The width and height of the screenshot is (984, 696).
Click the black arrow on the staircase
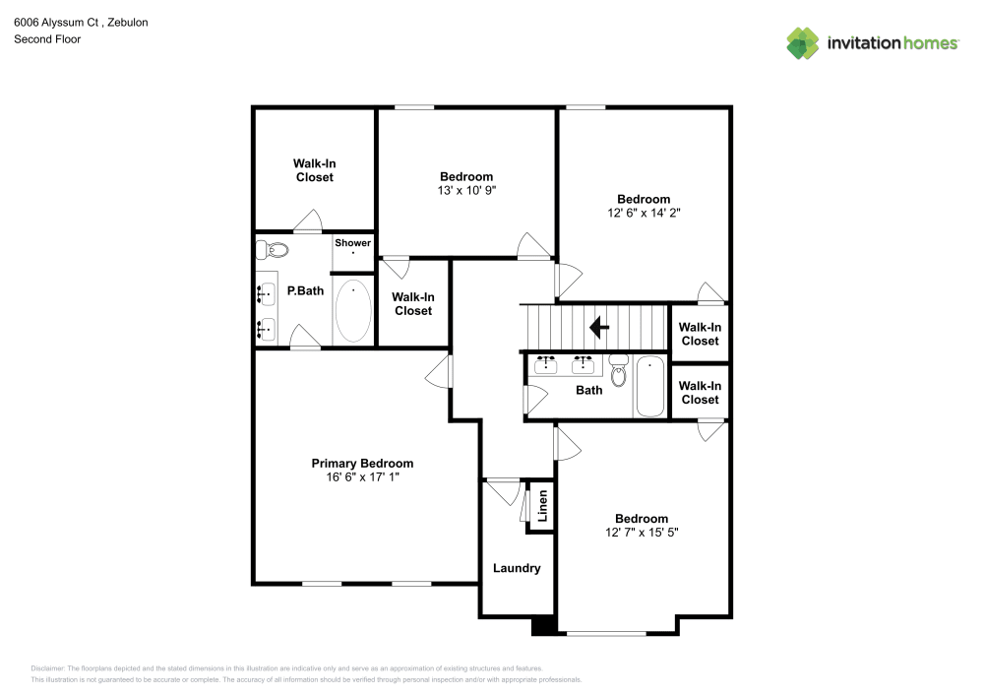coord(597,326)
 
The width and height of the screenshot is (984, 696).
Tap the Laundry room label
coord(517,568)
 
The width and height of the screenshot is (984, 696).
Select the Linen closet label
coord(542,507)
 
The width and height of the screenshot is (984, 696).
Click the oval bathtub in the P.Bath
coord(353,310)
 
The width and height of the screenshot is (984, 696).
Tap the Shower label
coord(352,243)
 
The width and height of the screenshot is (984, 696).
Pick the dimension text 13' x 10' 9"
coord(466,191)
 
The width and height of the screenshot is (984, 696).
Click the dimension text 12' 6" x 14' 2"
coord(644,213)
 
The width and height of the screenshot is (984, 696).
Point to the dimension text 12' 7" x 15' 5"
coord(642,533)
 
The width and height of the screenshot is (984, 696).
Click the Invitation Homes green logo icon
coord(803,42)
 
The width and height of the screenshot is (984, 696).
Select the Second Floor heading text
coord(47,39)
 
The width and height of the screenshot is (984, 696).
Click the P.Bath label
coord(305,291)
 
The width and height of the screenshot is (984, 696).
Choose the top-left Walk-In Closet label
coord(314,170)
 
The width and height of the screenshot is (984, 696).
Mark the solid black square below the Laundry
coord(543,625)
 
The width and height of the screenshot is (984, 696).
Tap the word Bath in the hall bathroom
coord(588,391)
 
